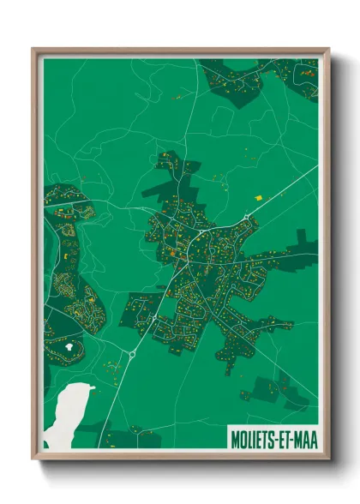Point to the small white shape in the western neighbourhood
point(68,346)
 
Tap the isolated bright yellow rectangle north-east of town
point(258,197)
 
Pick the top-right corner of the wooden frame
point(327,50)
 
